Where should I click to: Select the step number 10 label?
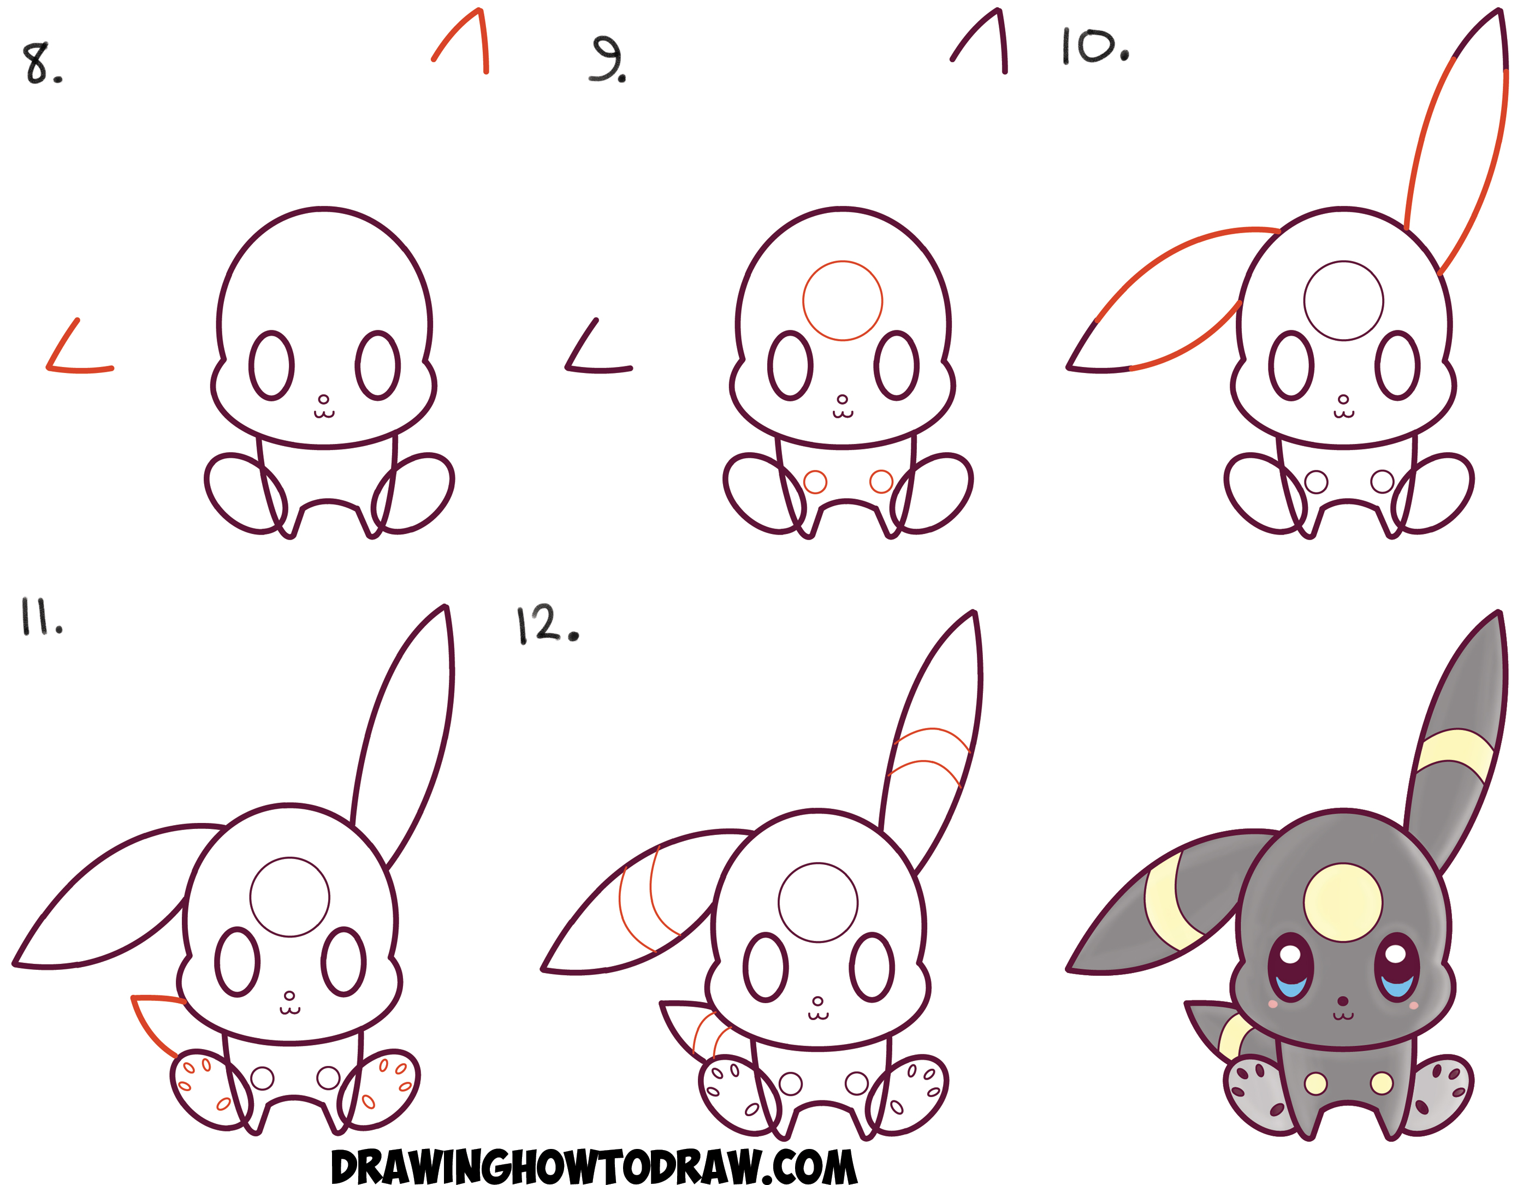(x=1094, y=47)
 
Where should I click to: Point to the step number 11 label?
(x=40, y=618)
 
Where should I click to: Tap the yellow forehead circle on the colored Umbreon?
(x=1343, y=902)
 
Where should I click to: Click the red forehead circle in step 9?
(x=842, y=301)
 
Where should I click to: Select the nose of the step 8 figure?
(x=323, y=400)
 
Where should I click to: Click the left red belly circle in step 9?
(x=815, y=482)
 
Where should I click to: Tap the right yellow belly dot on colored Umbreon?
(x=1381, y=1083)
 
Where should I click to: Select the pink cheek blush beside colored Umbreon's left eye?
(x=1273, y=1004)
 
